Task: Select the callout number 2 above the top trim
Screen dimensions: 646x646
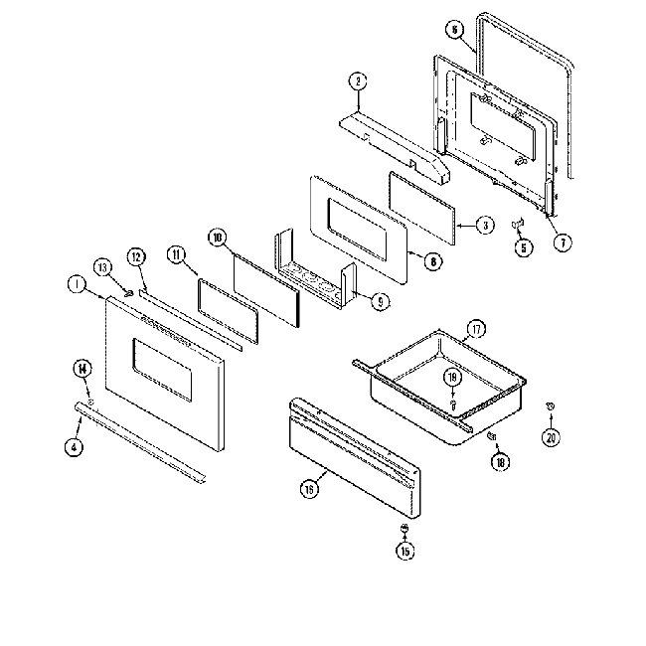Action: pos(358,81)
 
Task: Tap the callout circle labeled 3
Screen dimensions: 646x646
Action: pos(484,225)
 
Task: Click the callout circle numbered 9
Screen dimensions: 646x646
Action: pos(380,300)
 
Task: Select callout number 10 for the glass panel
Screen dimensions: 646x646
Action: pos(218,238)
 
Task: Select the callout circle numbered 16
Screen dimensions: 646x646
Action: pos(310,489)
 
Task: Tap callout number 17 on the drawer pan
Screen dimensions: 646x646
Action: pos(476,328)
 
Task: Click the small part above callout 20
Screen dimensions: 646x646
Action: pos(549,406)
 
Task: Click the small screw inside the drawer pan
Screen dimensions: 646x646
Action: pos(452,404)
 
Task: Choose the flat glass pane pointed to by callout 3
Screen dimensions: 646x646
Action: pos(421,209)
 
